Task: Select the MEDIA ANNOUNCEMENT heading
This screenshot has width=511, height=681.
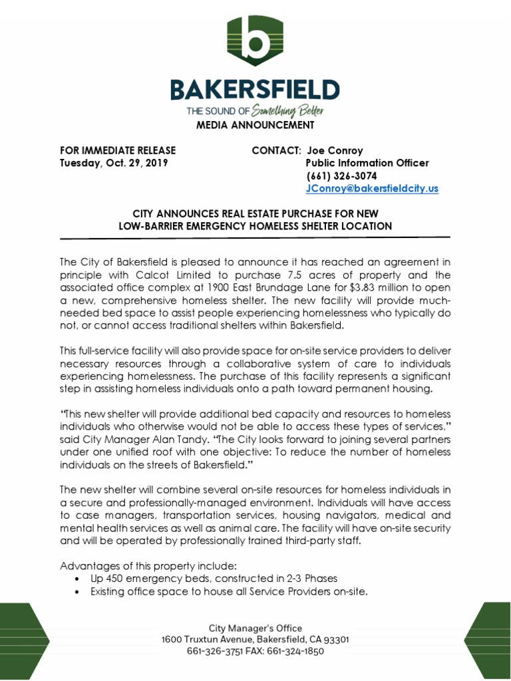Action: click(255, 125)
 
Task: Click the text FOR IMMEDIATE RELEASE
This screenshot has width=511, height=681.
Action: click(118, 150)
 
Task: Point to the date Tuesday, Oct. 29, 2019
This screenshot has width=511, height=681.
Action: click(114, 163)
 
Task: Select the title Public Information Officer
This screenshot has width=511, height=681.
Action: click(367, 163)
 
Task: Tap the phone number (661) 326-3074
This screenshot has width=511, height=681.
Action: click(341, 176)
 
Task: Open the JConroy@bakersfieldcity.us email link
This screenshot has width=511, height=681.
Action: click(372, 188)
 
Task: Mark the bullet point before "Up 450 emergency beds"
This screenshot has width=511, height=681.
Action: click(80, 579)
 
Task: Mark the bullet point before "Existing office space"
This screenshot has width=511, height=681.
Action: click(80, 591)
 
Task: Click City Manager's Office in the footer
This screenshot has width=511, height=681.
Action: click(255, 628)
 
